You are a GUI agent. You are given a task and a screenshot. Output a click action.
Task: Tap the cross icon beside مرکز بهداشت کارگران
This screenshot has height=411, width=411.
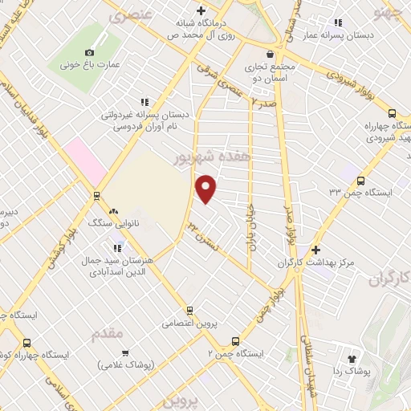click(x=315, y=250)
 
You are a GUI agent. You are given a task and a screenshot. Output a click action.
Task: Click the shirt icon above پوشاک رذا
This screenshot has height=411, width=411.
click(x=351, y=359)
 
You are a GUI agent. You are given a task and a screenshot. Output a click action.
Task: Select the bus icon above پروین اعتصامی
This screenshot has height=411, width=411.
click(x=189, y=310)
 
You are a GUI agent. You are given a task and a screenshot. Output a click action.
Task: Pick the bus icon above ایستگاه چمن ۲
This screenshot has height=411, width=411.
click(x=235, y=340)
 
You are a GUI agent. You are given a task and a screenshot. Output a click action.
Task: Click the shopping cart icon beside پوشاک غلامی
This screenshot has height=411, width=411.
click(x=124, y=352)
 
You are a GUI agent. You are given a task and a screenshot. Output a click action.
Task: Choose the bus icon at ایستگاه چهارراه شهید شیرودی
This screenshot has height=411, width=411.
click(x=392, y=114)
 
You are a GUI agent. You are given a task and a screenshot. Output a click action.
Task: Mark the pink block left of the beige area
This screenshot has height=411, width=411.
click(x=86, y=160)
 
